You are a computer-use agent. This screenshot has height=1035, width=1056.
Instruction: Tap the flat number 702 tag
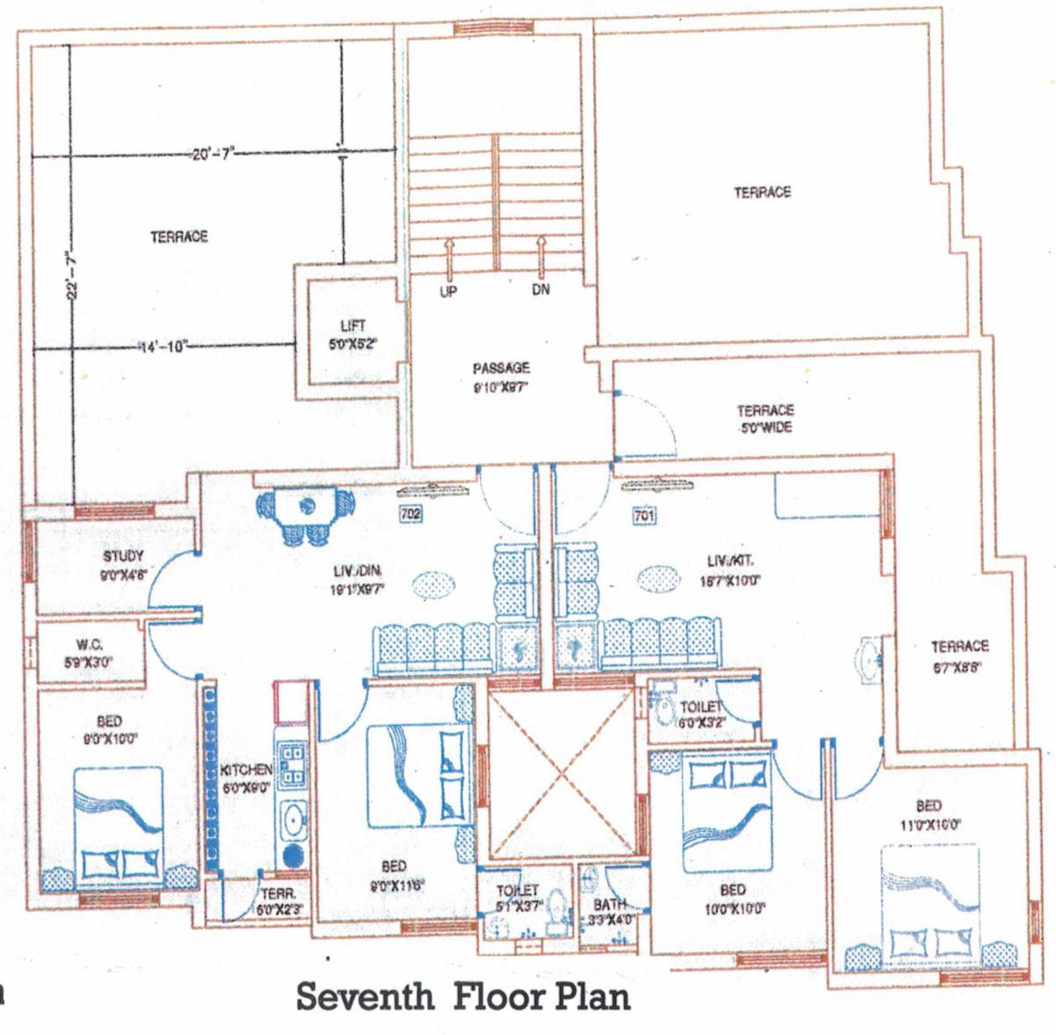click(411, 514)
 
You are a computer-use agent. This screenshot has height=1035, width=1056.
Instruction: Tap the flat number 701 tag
click(644, 516)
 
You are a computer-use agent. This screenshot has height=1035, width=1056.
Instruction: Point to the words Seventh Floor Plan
click(463, 997)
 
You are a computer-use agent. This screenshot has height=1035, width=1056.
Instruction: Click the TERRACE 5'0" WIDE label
click(765, 419)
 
